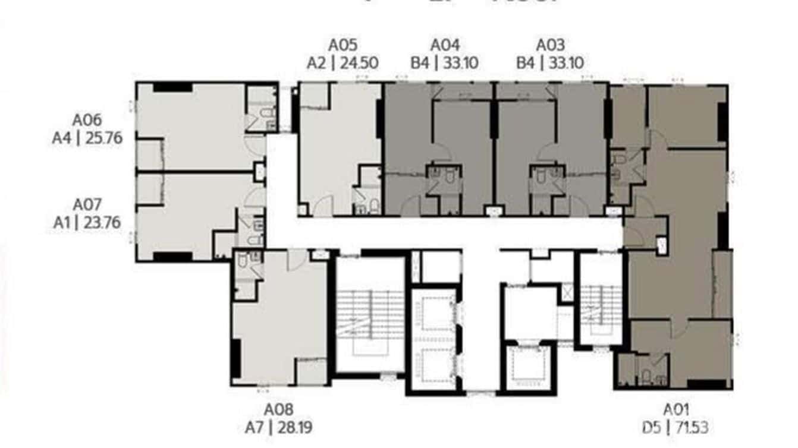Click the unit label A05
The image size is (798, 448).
[343, 45]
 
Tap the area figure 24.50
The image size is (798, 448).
[359, 63]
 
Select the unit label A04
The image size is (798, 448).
[445, 45]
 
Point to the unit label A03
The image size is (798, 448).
[550, 45]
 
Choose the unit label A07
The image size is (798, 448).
[87, 205]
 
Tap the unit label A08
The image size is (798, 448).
[279, 409]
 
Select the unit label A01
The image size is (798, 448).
[676, 409]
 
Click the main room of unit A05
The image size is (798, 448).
[339, 143]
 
